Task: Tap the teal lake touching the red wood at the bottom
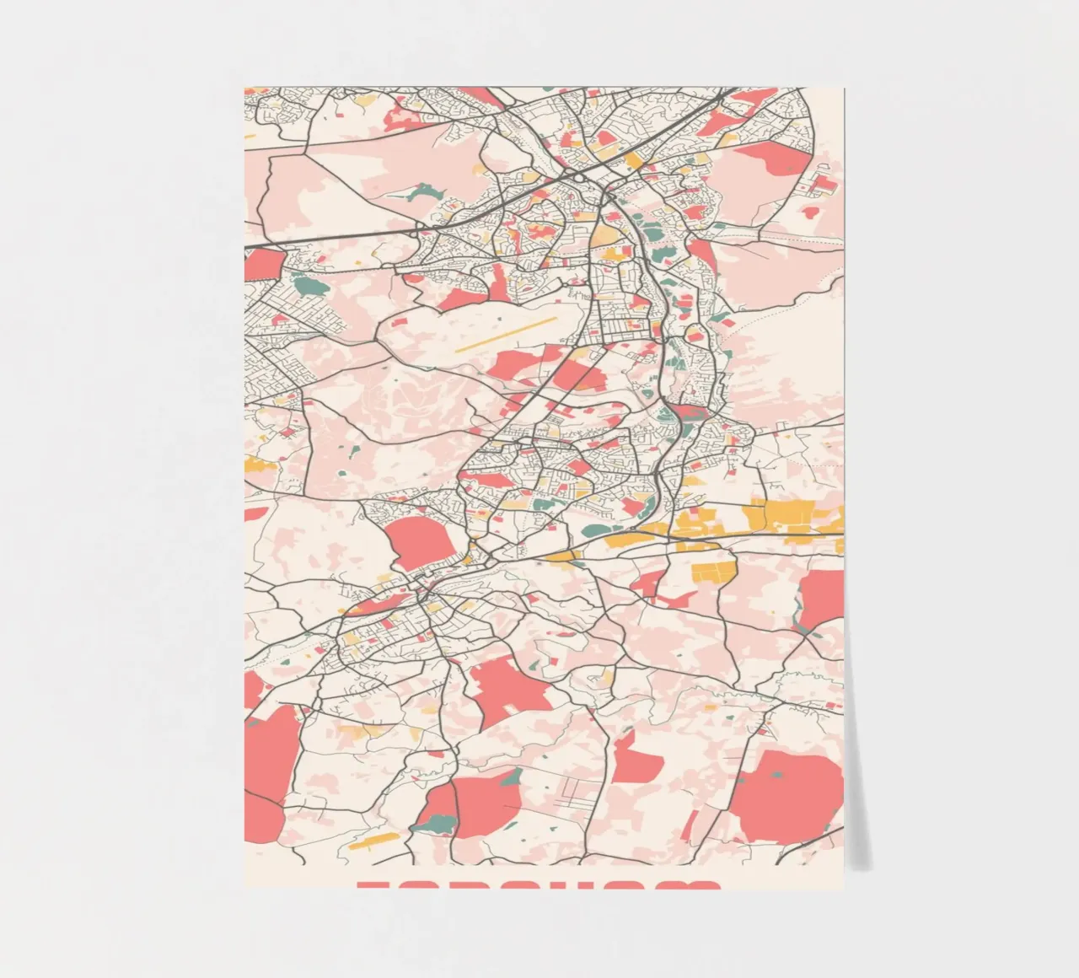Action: pyautogui.click(x=438, y=813)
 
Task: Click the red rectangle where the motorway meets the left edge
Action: pyautogui.click(x=263, y=264)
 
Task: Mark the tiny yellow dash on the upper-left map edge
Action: pyautogui.click(x=249, y=135)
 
